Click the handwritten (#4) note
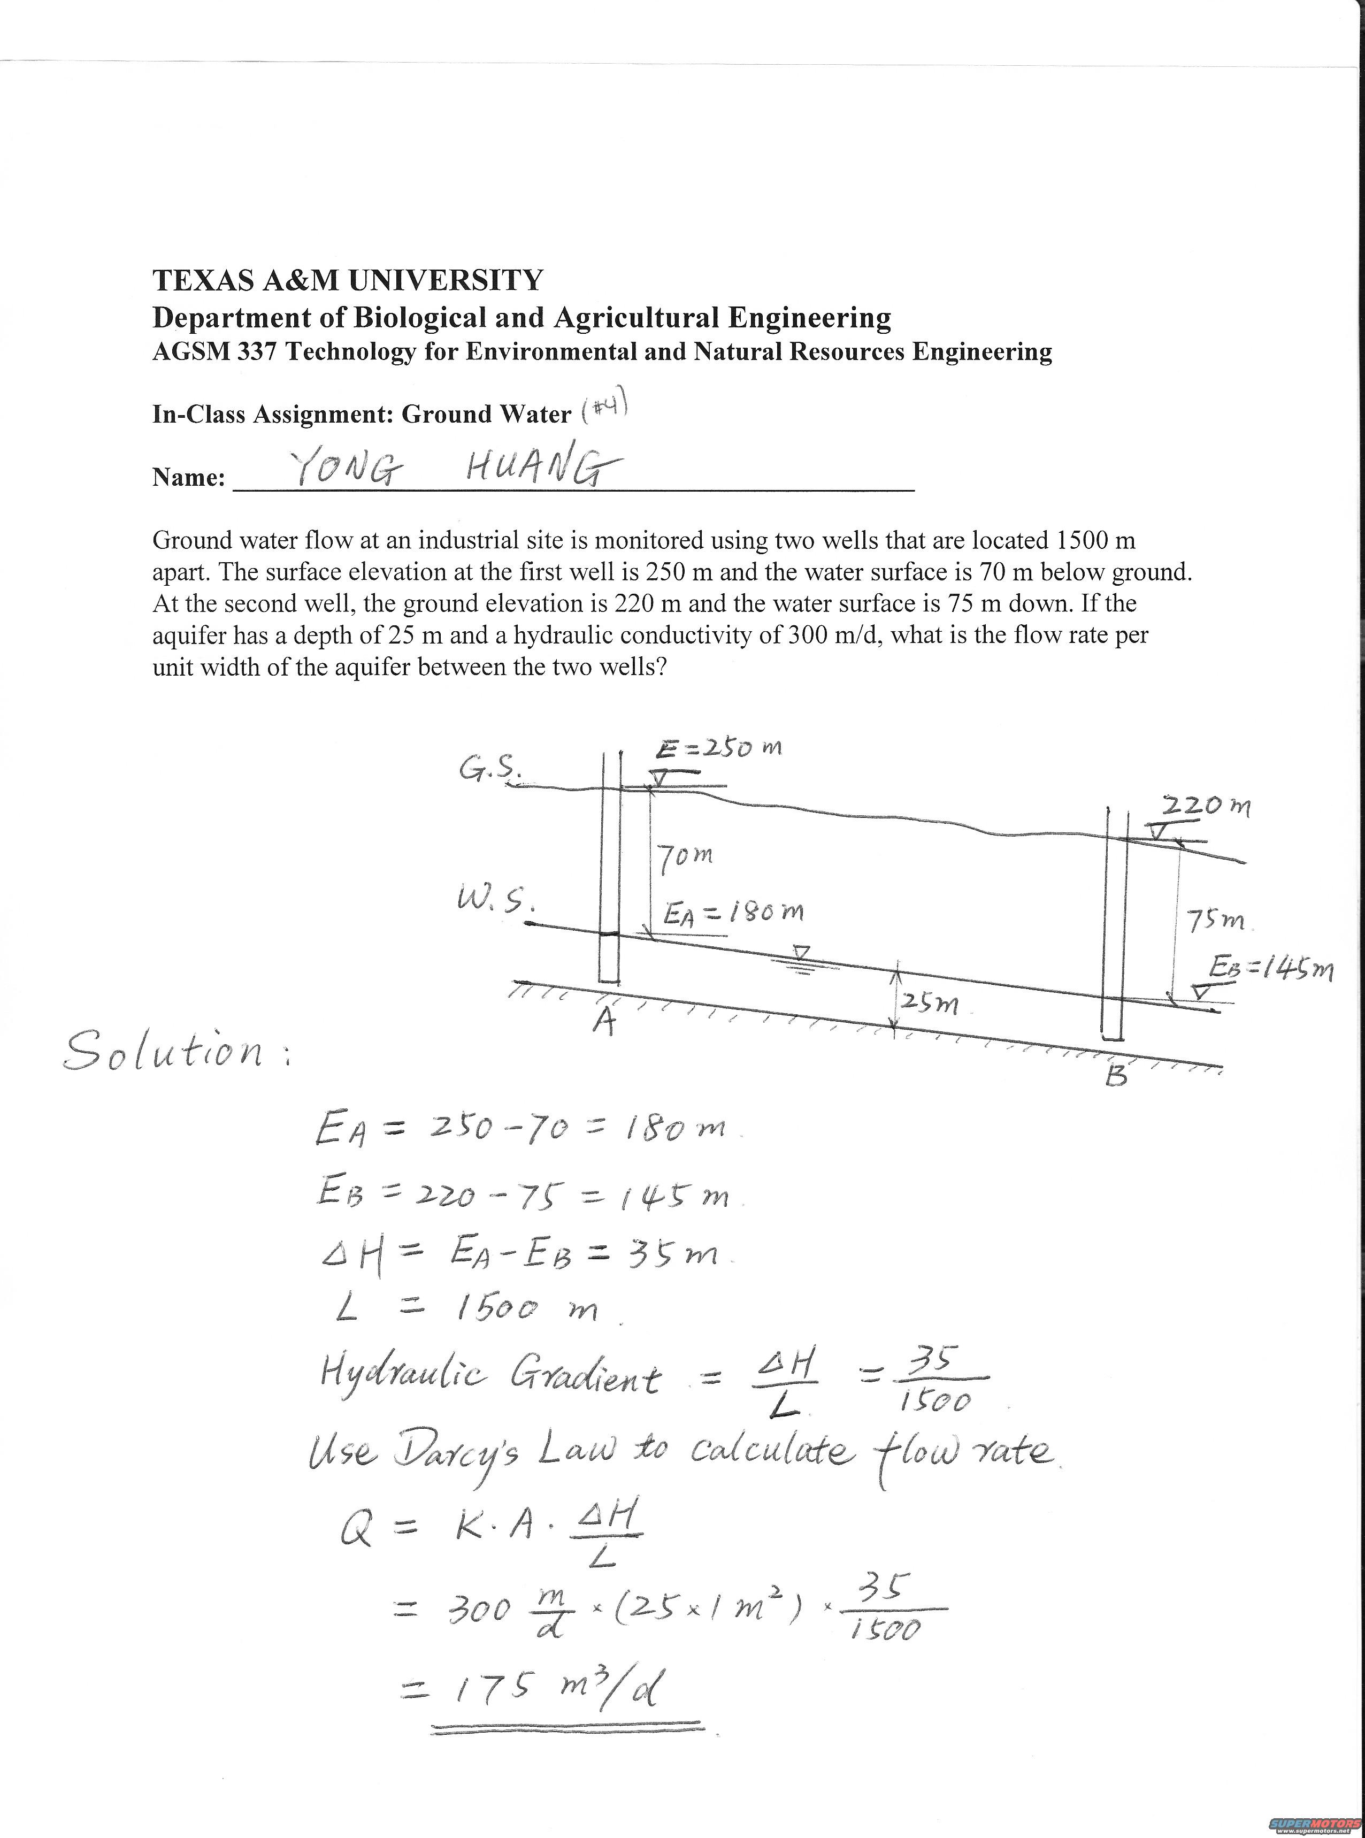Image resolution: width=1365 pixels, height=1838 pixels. (x=605, y=408)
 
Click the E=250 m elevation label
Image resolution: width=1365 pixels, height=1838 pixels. (x=719, y=749)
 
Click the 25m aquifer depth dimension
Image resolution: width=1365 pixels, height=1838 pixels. (x=930, y=1004)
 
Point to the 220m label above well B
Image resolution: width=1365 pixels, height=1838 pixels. (x=1206, y=805)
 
